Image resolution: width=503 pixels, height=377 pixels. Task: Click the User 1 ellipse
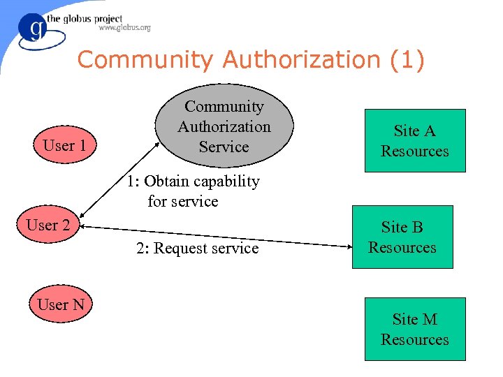click(64, 146)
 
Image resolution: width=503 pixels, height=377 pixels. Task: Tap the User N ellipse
click(61, 305)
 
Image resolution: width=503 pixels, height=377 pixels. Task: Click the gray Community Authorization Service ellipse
click(224, 126)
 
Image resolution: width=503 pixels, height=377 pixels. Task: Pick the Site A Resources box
click(414, 140)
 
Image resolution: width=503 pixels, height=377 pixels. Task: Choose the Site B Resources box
click(402, 237)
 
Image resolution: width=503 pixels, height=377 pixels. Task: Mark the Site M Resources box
click(414, 329)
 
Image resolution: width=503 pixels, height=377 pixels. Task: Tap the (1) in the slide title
click(407, 60)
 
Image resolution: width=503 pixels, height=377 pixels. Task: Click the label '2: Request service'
click(198, 249)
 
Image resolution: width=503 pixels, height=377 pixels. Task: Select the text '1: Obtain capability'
click(193, 182)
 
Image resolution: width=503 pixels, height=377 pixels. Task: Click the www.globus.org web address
click(124, 28)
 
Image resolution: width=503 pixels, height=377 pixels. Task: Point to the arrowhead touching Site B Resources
click(347, 245)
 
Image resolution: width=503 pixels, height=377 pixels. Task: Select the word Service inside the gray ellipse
click(224, 147)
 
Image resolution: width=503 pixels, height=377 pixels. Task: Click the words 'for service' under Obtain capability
click(183, 202)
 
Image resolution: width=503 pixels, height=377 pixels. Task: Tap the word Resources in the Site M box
click(414, 339)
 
